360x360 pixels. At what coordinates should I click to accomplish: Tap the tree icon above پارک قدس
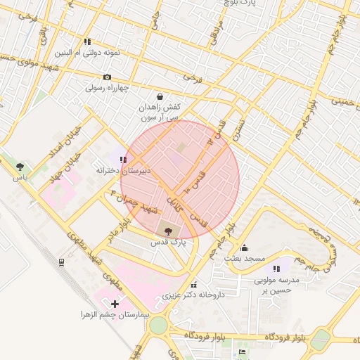[x=167, y=229]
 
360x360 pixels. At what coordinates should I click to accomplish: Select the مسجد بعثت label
[x=244, y=259]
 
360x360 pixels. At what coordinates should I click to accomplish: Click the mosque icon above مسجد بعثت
[x=244, y=247]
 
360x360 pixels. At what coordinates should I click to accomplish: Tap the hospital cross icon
[x=115, y=303]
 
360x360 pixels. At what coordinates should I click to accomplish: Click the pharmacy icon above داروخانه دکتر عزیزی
[x=193, y=284]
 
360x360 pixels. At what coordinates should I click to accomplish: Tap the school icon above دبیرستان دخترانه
[x=124, y=160]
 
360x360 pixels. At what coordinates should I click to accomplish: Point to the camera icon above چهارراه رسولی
[x=107, y=77]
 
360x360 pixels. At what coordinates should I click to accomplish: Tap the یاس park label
[x=20, y=179]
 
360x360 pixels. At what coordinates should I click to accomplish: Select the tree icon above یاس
[x=20, y=167]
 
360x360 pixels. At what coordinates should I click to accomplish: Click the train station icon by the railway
[x=62, y=262]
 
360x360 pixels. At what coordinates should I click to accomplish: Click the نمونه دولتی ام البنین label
[x=86, y=53]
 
